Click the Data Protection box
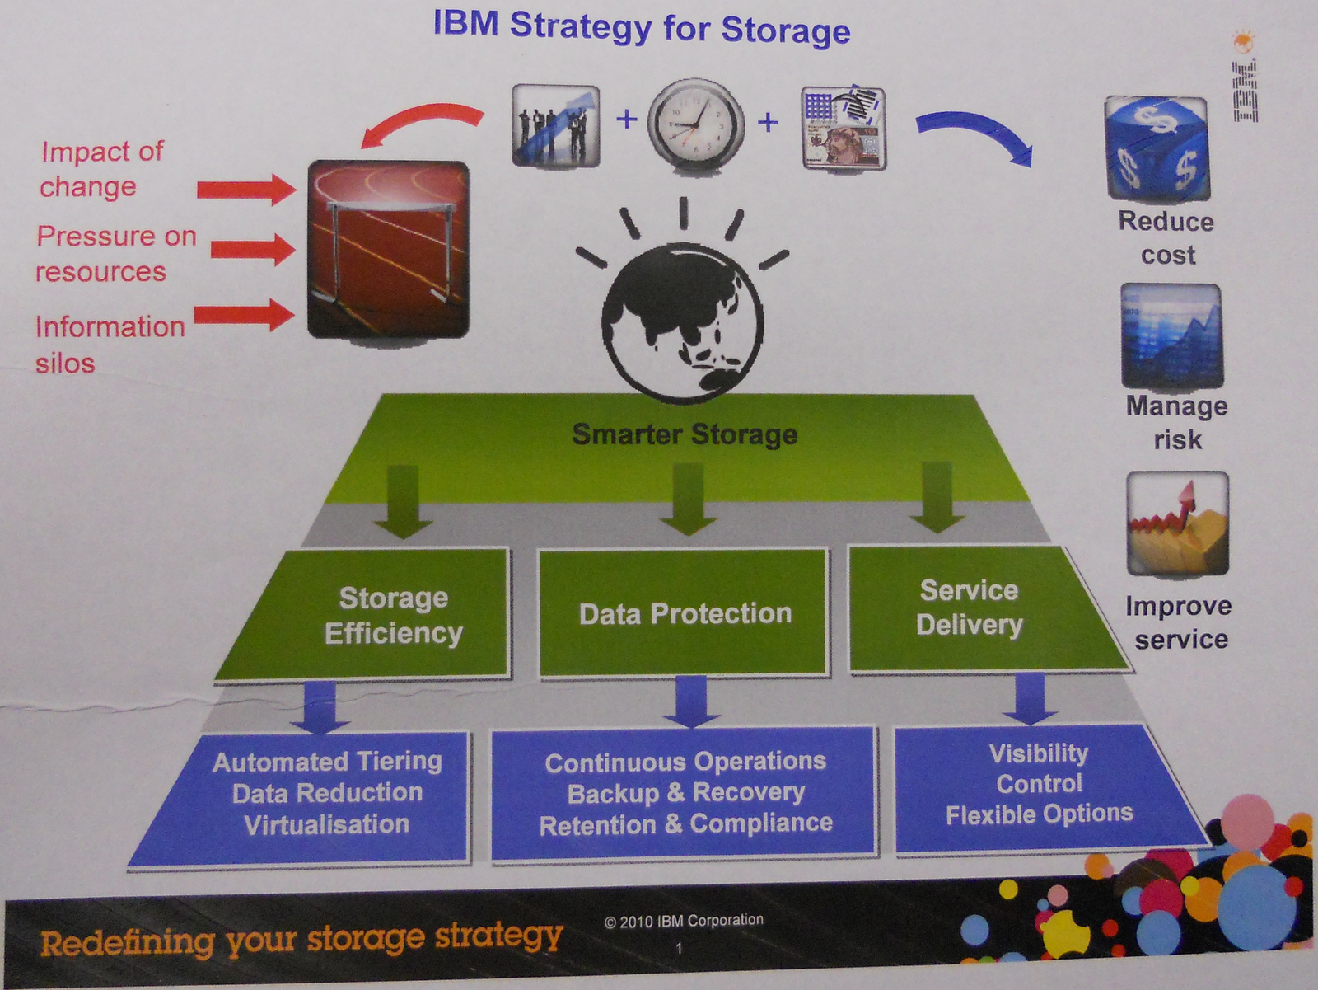pos(684,613)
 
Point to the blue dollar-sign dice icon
pos(1157,148)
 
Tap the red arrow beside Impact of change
pos(246,190)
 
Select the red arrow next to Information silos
pos(244,315)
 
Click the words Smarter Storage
pos(685,434)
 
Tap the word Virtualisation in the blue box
pos(327,824)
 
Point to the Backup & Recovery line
pos(685,793)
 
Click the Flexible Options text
pos(1039,814)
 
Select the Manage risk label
pos(1177,422)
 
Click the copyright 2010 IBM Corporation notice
pos(684,921)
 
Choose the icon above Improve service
pos(1177,523)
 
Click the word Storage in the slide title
pos(786,30)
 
